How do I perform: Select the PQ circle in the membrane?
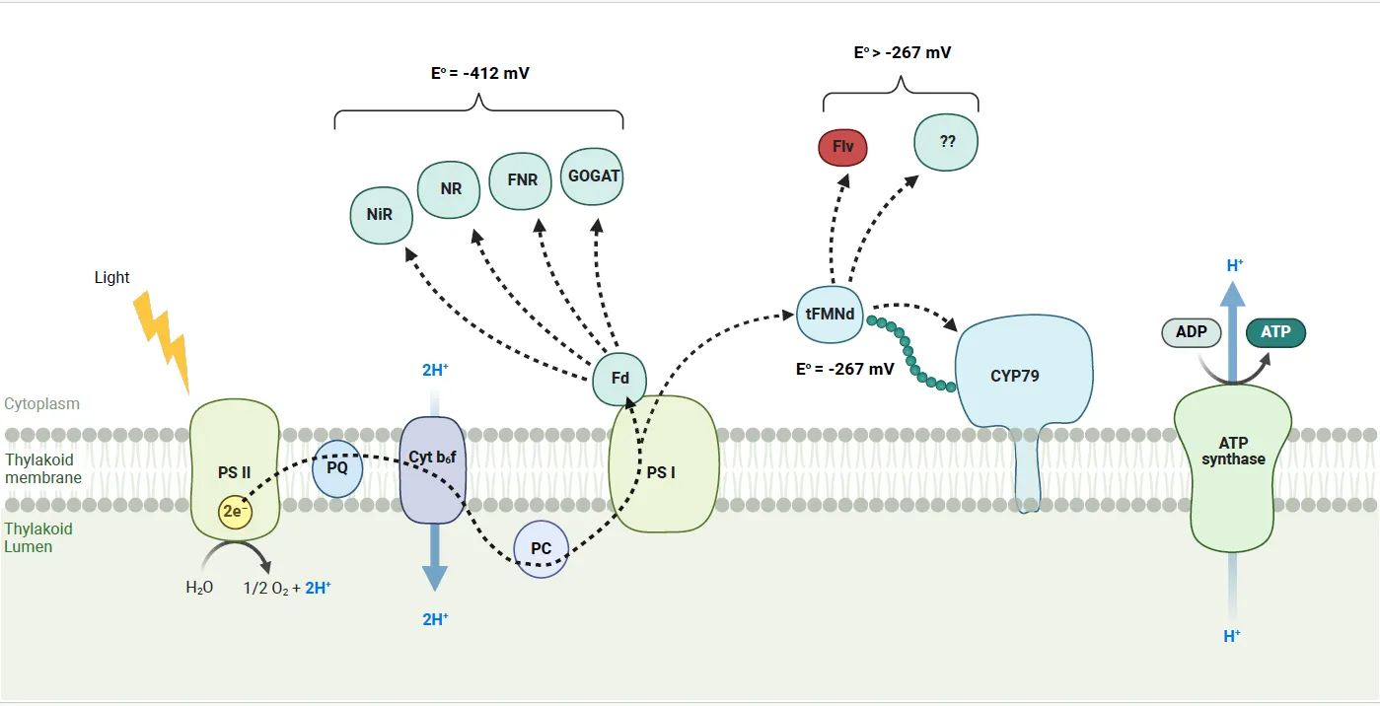337,467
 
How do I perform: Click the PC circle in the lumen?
542,548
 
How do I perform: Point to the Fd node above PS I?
619,379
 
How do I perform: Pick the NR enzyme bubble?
450,187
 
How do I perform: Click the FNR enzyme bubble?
522,181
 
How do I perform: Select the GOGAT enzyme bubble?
593,176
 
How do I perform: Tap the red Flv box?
843,148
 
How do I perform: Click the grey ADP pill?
1192,331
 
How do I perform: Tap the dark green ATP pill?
1275,331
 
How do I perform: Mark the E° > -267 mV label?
902,52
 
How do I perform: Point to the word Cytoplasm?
41,404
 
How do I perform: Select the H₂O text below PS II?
199,588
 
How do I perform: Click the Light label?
111,277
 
